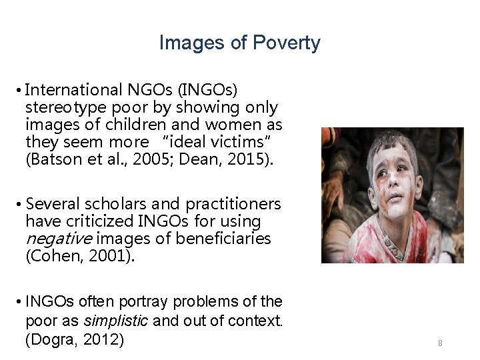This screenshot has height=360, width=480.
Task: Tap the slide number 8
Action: (441, 343)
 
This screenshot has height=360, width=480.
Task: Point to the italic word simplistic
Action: (117, 321)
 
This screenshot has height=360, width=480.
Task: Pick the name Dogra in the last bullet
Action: (52, 339)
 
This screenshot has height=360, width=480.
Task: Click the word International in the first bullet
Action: (73, 89)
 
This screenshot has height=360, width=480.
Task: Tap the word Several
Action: (51, 203)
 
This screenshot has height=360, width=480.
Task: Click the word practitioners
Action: (233, 203)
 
